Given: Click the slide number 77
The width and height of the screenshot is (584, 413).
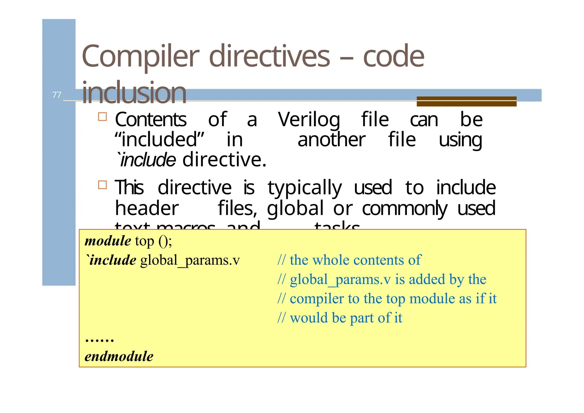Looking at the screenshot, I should click(x=57, y=95).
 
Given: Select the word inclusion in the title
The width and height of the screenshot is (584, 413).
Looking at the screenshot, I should click(x=134, y=93).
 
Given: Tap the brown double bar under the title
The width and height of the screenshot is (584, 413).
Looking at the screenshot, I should click(x=466, y=101).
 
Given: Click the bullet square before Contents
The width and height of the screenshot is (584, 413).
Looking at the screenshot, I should click(x=102, y=117).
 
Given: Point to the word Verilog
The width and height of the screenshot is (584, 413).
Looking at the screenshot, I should click(x=309, y=120).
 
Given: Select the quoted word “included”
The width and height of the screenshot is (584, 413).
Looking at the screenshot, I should click(x=159, y=140).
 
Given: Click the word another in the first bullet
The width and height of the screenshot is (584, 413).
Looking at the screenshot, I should click(x=331, y=140).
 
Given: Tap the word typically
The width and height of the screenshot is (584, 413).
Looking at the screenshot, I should click(x=305, y=188).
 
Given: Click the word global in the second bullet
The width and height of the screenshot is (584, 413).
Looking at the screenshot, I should click(x=295, y=208).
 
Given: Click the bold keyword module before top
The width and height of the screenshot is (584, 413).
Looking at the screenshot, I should click(x=108, y=241).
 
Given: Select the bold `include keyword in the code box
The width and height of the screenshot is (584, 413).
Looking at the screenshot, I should click(x=111, y=260).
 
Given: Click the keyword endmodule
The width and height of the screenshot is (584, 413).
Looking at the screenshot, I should click(x=119, y=356).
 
